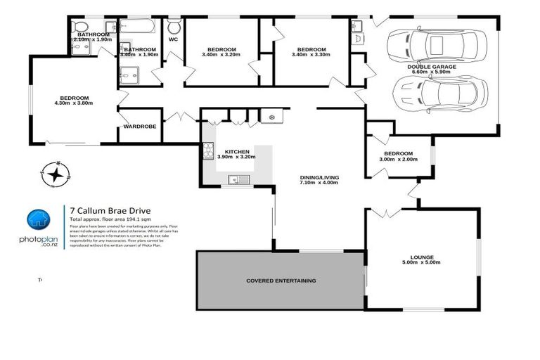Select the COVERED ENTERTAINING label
[281, 281]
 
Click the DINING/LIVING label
[318, 177]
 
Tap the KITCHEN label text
[238, 151]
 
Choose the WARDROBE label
[139, 127]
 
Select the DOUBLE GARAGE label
[432, 66]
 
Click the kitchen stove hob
[208, 150]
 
